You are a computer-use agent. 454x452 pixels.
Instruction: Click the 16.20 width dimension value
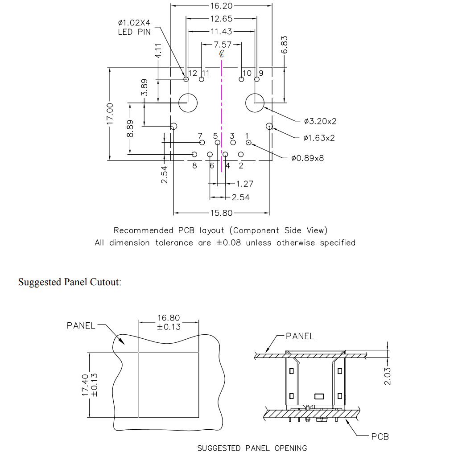(x=221, y=6)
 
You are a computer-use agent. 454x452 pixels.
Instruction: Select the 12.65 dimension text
(x=221, y=19)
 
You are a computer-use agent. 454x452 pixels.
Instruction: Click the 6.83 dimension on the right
(x=284, y=45)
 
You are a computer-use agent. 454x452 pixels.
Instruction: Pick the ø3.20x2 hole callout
(x=320, y=121)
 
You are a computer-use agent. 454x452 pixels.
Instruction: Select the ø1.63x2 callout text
(x=319, y=138)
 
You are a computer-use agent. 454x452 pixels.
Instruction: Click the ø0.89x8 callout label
(x=308, y=158)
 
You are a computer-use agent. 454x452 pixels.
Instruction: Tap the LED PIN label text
(x=134, y=32)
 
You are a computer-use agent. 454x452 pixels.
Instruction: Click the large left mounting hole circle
(x=188, y=103)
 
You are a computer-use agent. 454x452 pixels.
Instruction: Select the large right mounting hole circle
(x=255, y=103)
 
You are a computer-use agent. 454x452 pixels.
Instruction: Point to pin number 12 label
(x=193, y=73)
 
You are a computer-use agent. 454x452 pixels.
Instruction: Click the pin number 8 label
(x=194, y=166)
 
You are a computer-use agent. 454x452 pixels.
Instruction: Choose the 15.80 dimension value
(x=221, y=213)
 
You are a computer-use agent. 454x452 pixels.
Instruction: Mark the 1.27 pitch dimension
(x=244, y=184)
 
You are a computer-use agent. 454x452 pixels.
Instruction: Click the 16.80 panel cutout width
(x=168, y=318)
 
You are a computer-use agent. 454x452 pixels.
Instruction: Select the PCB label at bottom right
(x=380, y=436)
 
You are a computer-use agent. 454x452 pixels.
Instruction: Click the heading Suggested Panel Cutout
(x=70, y=283)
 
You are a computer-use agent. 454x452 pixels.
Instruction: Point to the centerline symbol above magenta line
(x=222, y=54)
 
